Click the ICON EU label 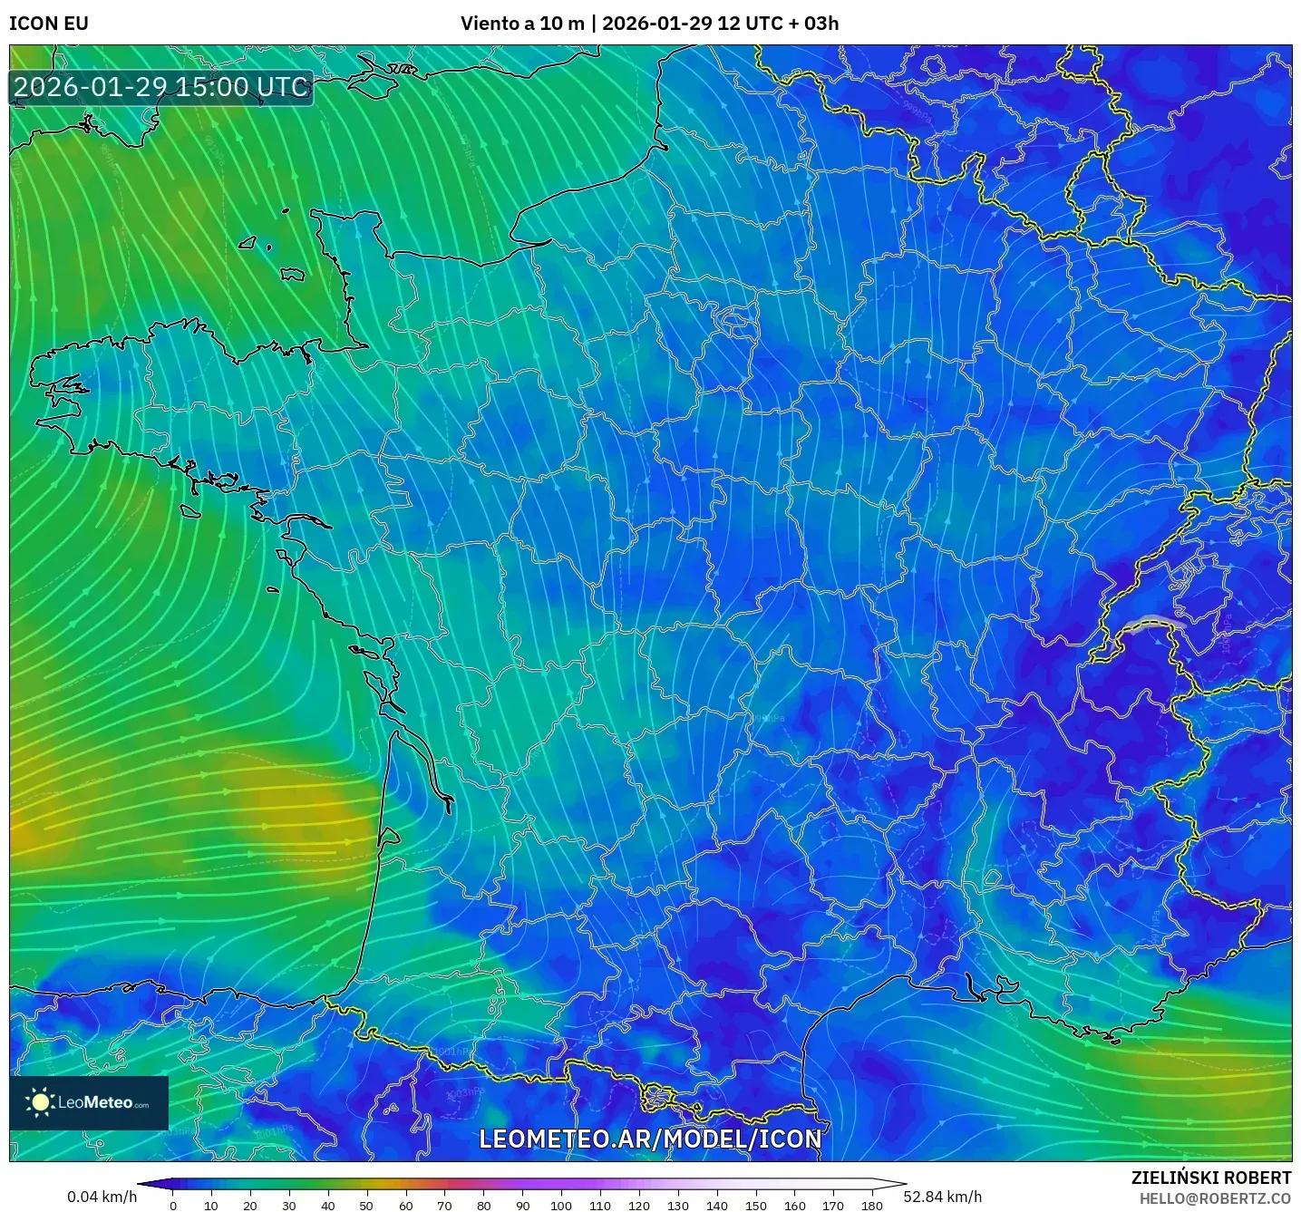coord(49,24)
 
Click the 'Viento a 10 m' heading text coord(522,24)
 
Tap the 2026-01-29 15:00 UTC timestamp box coord(161,88)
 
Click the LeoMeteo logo coord(89,1102)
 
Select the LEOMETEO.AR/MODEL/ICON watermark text coord(650,1139)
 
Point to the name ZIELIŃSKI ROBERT coord(1210,1178)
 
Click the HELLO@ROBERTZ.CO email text coord(1215,1198)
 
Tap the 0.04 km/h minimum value coord(102,1197)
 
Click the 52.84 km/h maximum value coord(943,1197)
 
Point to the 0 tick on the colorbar coord(173,1206)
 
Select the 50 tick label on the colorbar coord(366,1206)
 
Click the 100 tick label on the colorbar coord(561,1206)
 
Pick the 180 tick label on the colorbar coord(872,1206)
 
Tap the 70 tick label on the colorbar coord(444,1206)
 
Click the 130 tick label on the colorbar coord(678,1206)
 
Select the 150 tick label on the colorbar coord(756,1206)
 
